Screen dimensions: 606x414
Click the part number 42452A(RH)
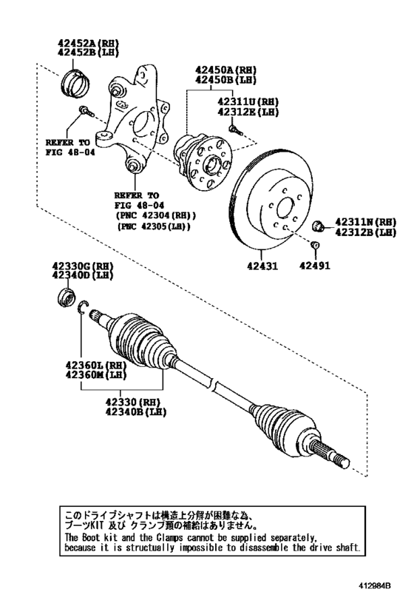pyautogui.click(x=87, y=43)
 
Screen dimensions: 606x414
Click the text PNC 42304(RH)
pyautogui.click(x=155, y=215)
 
